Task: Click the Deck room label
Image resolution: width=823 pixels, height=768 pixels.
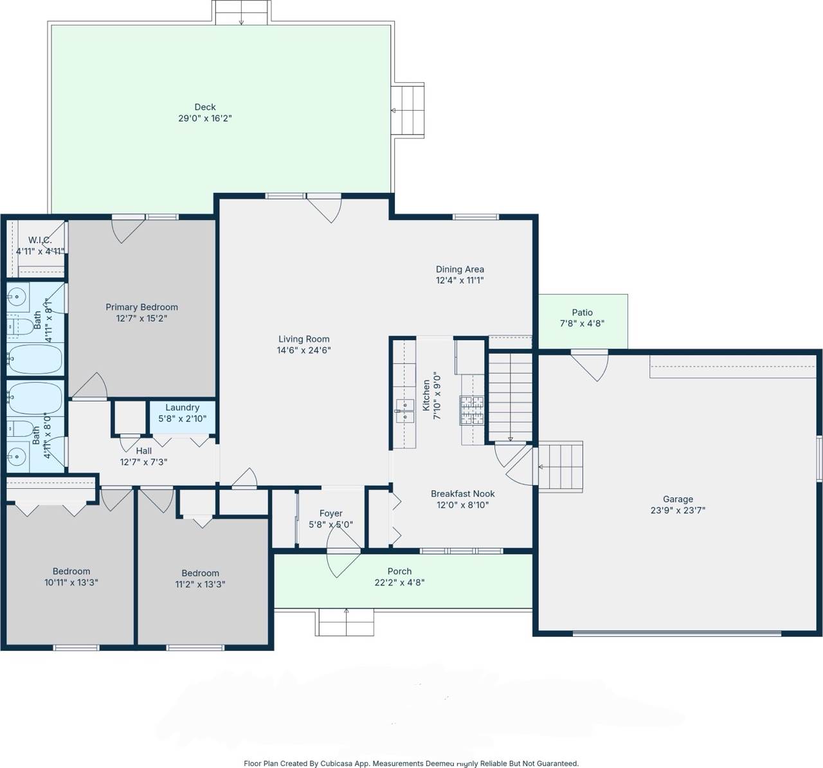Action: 204,107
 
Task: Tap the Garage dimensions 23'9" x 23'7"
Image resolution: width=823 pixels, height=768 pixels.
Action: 678,510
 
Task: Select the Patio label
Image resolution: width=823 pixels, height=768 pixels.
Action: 582,312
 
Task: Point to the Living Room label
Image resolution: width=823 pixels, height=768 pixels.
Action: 303,339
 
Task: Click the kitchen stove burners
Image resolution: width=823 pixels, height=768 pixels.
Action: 471,410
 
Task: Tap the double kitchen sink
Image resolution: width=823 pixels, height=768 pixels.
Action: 404,410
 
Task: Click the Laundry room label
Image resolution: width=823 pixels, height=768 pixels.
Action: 183,408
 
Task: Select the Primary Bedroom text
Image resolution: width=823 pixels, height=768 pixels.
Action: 141,307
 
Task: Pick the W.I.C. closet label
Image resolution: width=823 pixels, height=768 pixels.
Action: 41,240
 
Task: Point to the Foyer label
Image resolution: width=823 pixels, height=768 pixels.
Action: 330,513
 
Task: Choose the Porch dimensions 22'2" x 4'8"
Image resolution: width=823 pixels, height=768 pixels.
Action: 399,582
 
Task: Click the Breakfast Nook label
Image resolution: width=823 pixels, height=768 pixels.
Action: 462,493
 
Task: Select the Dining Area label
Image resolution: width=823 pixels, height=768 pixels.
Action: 460,269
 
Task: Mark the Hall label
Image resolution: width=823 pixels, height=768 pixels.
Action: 144,451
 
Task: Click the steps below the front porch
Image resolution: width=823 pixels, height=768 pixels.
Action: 346,622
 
